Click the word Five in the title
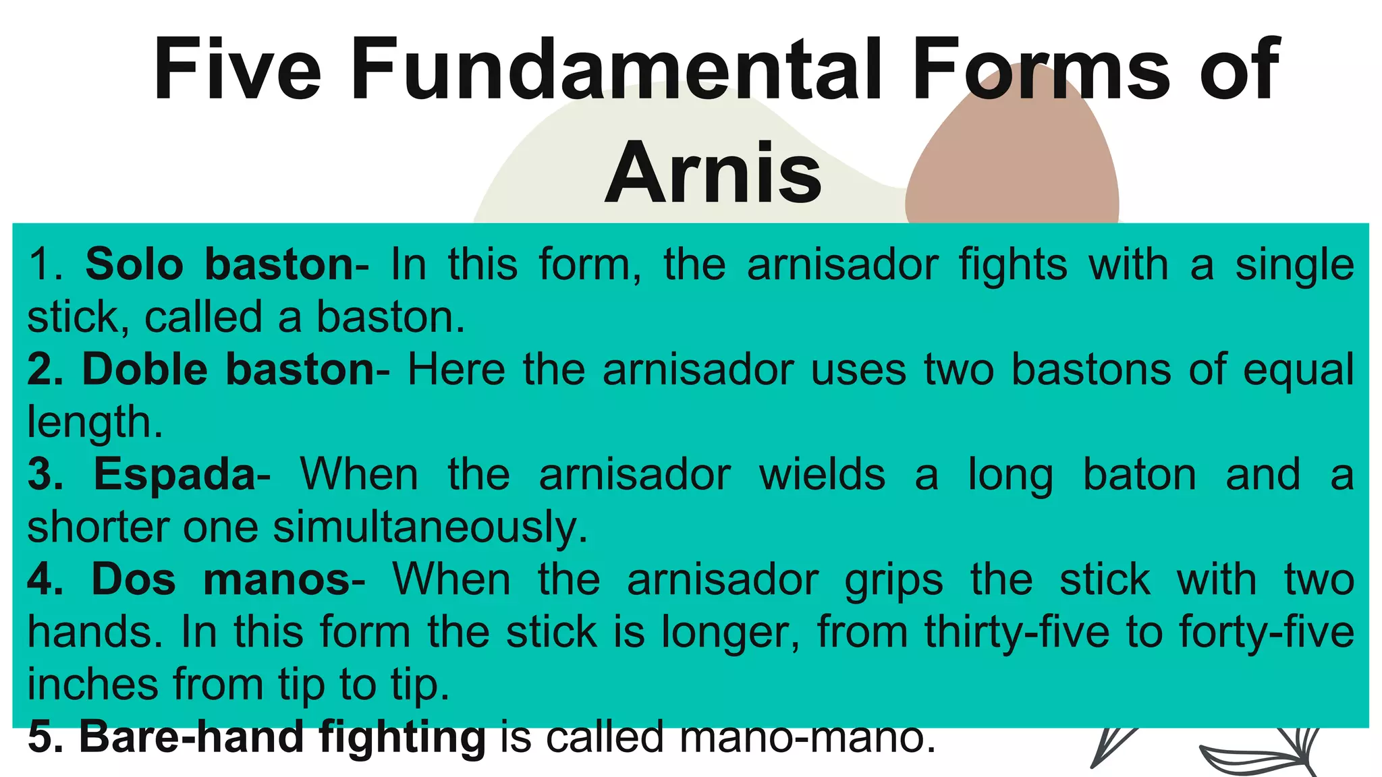click(x=237, y=69)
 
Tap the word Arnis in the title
click(x=713, y=173)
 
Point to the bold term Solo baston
click(x=219, y=264)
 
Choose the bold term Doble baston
click(x=228, y=370)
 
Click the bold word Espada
click(x=175, y=474)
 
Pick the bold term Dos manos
click(x=221, y=579)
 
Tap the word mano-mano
click(x=808, y=737)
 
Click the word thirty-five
click(x=1016, y=632)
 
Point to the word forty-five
click(x=1266, y=632)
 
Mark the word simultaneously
click(x=431, y=527)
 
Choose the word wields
click(x=821, y=474)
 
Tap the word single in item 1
click(x=1294, y=265)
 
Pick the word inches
click(x=92, y=684)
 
